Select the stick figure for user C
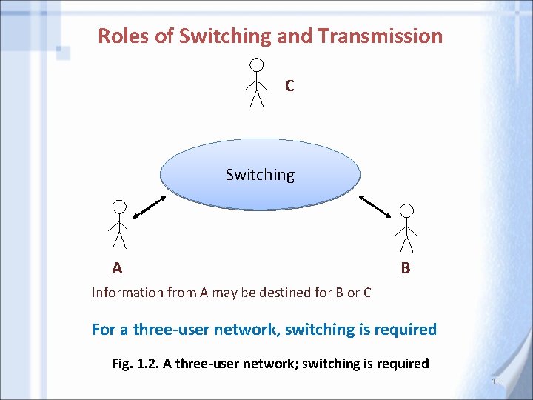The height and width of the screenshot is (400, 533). pos(256,83)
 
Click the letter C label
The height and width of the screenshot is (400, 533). pos(289,86)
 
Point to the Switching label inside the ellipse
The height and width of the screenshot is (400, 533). pos(260,175)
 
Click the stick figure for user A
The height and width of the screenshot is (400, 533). pos(119,224)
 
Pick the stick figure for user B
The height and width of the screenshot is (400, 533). pos(406,230)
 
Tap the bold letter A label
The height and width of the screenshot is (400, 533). pos(117,267)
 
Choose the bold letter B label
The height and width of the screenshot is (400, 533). pos(405,268)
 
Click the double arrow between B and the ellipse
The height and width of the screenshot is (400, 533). pos(375,206)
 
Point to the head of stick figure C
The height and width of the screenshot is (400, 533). pos(256,64)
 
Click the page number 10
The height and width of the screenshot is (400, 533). pos(496,381)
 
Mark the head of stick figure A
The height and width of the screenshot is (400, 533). pos(119,207)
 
